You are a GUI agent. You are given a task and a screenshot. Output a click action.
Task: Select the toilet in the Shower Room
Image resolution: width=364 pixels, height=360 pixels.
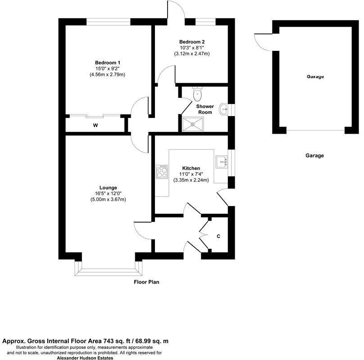[x=197, y=94]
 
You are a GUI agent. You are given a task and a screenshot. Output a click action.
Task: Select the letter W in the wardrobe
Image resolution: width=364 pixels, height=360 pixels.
[x=96, y=126]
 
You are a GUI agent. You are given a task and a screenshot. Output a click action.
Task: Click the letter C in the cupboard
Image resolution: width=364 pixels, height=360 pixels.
[x=218, y=236]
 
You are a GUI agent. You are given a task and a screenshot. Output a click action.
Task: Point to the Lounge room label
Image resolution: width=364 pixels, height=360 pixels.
[x=108, y=188]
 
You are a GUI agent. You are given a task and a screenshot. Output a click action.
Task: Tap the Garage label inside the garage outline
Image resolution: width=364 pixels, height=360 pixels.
[x=315, y=77]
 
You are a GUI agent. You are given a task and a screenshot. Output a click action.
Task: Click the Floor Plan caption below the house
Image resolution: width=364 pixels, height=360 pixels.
[x=147, y=283]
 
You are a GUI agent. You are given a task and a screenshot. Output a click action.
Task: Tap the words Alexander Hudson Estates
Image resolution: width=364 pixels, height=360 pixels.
[x=86, y=358]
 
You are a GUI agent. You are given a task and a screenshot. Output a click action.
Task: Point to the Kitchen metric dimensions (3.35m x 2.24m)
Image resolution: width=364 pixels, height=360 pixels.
[x=191, y=180]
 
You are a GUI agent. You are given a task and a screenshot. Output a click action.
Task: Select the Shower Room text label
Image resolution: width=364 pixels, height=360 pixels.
[x=205, y=109]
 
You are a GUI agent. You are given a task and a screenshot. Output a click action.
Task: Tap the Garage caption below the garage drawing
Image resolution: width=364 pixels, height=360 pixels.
[x=315, y=156]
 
